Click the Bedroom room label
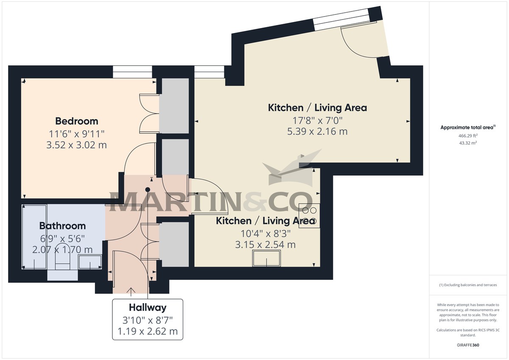point(77,121)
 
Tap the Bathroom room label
point(62,226)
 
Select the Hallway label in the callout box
point(148,308)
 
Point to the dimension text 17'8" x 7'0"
point(317,120)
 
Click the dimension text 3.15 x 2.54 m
point(266,245)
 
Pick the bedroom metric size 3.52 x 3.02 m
point(77,145)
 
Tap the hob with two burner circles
point(309,215)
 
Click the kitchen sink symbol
point(266,258)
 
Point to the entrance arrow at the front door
point(131,291)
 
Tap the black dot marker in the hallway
point(148,190)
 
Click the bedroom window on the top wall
point(132,72)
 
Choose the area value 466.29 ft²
point(462,136)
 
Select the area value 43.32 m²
point(462,143)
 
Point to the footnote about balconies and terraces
point(468,285)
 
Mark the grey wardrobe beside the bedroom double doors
point(174,106)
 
